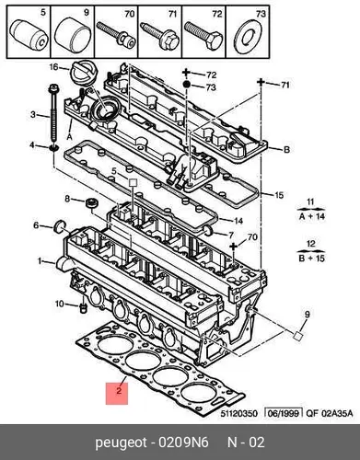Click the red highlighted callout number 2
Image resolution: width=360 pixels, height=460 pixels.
coord(117,393)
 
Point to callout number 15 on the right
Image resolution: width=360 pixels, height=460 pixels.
coord(278,195)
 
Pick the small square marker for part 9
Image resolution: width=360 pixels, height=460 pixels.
coord(297,336)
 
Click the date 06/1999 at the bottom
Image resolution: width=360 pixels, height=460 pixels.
coord(284,413)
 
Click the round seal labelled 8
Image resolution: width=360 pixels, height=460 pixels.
coord(91,202)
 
